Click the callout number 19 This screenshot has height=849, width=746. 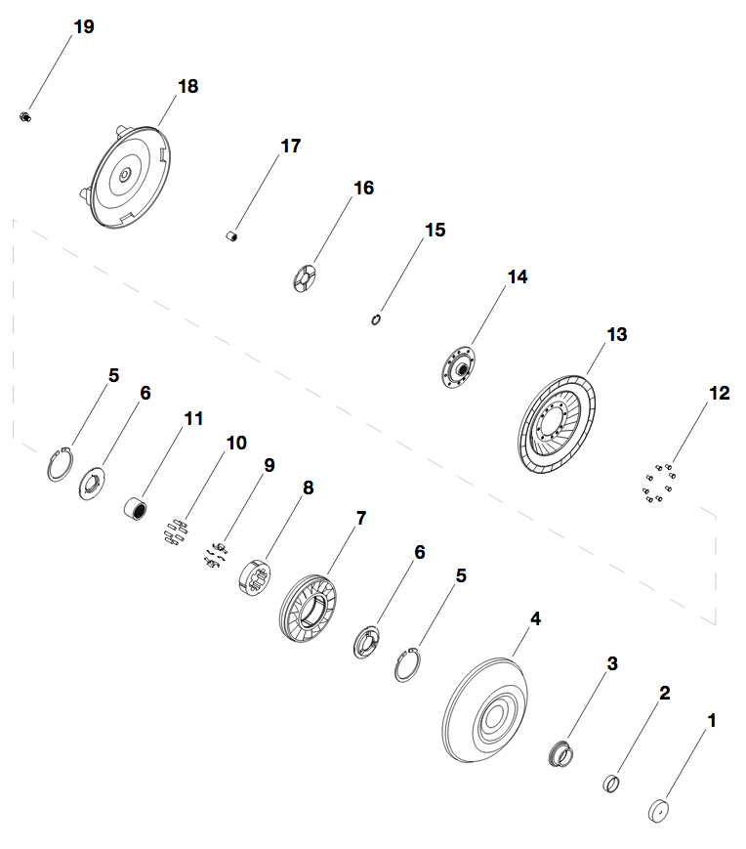[84, 26]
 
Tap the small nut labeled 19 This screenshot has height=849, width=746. [24, 116]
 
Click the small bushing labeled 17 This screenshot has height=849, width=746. [231, 236]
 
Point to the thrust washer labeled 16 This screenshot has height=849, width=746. [305, 278]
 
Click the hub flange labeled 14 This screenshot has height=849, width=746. [458, 367]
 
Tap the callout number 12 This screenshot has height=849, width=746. [720, 393]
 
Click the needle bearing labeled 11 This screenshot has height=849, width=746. [137, 508]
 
